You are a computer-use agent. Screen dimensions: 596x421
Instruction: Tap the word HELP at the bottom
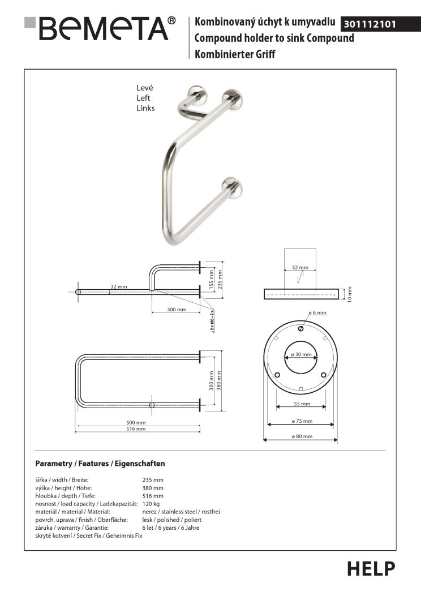(371, 568)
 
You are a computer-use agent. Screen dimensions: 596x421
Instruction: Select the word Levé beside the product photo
(145, 88)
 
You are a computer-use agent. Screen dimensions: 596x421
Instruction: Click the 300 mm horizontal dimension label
(177, 310)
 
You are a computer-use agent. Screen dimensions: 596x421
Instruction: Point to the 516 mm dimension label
(136, 429)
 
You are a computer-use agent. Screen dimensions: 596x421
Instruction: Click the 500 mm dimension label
(136, 422)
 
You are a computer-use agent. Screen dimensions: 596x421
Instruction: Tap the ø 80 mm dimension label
(300, 436)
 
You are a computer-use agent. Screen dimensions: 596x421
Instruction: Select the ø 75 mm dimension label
(300, 421)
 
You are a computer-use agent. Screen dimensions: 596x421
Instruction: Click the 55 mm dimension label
(302, 404)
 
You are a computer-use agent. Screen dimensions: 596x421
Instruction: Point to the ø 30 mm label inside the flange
(300, 354)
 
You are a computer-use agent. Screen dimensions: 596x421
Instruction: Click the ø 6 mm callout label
(317, 312)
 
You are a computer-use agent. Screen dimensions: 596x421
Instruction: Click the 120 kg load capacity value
(151, 503)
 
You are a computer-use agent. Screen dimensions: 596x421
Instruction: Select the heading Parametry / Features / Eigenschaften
(100, 464)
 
